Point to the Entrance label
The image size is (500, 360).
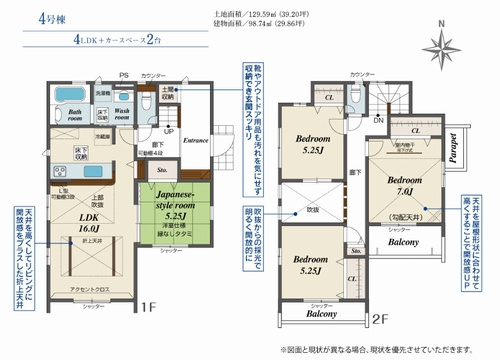point(196,140)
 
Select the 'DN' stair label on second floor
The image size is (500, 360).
point(378,120)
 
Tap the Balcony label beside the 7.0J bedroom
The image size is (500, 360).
point(403,242)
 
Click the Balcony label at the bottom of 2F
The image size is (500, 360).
point(320,314)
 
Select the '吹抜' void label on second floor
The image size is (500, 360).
point(311,210)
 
